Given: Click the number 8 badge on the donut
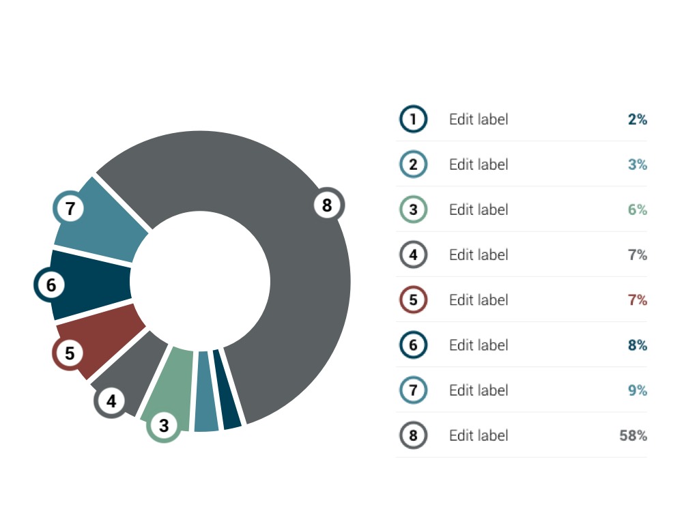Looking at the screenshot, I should pyautogui.click(x=328, y=205).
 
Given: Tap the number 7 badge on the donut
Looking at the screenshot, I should pyautogui.click(x=70, y=207).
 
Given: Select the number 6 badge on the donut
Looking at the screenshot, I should pyautogui.click(x=51, y=285).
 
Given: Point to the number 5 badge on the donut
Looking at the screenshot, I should pyautogui.click(x=69, y=353).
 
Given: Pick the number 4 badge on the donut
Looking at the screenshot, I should pyautogui.click(x=111, y=401).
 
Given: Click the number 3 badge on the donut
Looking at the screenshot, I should pyautogui.click(x=163, y=426).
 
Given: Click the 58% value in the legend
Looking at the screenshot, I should pyautogui.click(x=633, y=435).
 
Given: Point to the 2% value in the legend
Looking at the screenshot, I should pyautogui.click(x=638, y=119).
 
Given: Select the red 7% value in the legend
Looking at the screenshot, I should pyautogui.click(x=638, y=300).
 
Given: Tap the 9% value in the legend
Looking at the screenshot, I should pyautogui.click(x=638, y=390).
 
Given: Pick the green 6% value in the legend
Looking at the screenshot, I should pyautogui.click(x=638, y=209).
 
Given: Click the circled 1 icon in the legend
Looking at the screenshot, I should pyautogui.click(x=413, y=119).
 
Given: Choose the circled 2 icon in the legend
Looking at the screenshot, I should pyautogui.click(x=413, y=164).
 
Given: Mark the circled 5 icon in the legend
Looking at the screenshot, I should pyautogui.click(x=413, y=300).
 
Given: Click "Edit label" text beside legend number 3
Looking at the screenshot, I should pyautogui.click(x=479, y=209).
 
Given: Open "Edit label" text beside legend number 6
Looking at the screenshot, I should pyautogui.click(x=479, y=345).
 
